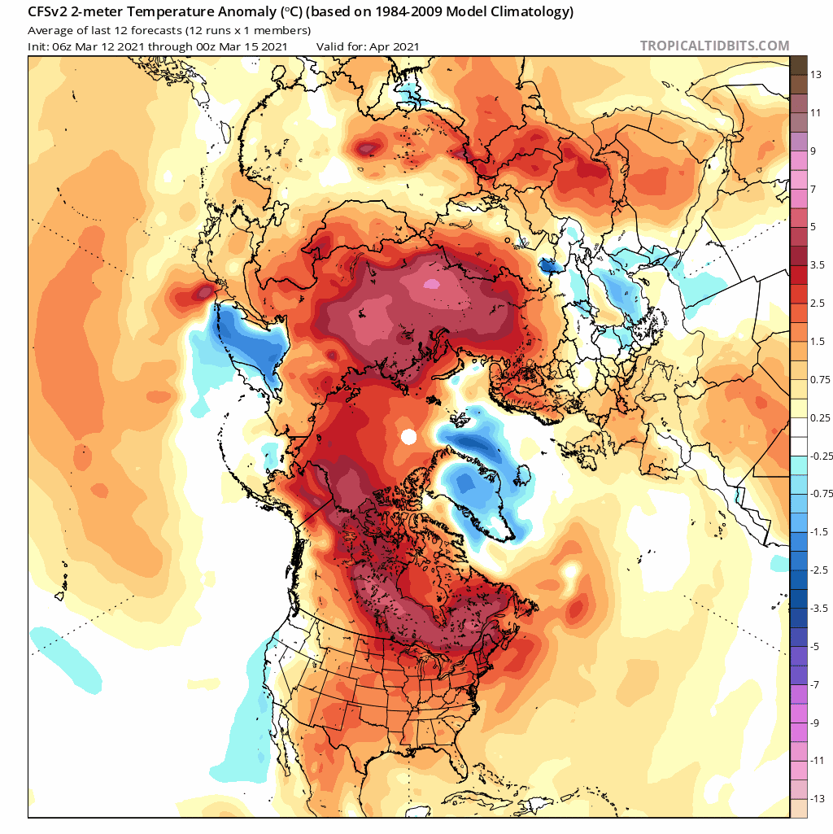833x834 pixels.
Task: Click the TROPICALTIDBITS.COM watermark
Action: click(714, 46)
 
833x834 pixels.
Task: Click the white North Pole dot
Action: click(409, 437)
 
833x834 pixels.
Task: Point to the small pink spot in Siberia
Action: click(432, 284)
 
